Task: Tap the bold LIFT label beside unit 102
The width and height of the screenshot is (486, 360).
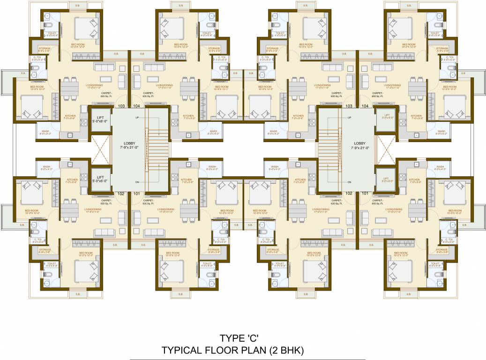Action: [x=100, y=177]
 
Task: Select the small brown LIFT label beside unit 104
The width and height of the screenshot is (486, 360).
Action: [x=387, y=115]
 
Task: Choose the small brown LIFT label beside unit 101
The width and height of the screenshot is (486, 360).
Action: [x=387, y=179]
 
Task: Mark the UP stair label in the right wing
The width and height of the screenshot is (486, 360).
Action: [x=349, y=117]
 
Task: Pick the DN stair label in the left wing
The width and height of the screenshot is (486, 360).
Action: [x=137, y=182]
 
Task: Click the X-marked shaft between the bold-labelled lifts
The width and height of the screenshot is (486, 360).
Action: [x=100, y=147]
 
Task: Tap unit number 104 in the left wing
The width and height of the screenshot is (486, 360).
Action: [x=137, y=106]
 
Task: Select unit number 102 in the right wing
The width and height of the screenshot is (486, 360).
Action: [x=349, y=193]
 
